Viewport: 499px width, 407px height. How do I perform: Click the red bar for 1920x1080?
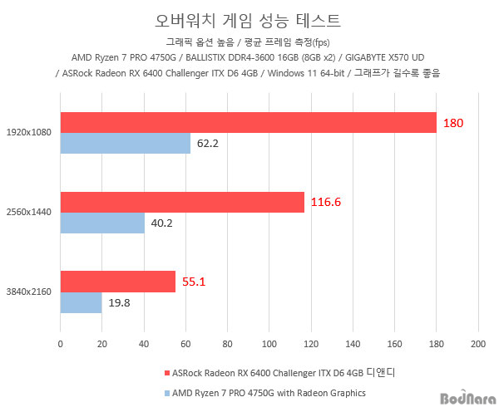pos(248,122)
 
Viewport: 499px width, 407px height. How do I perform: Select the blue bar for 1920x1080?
pos(125,144)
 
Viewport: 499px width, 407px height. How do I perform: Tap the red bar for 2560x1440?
pos(182,202)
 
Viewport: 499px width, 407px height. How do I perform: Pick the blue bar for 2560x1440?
pos(101,223)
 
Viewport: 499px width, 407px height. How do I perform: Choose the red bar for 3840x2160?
pos(117,282)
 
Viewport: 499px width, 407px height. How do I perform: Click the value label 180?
pos(452,123)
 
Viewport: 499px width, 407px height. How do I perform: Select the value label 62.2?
pos(207,144)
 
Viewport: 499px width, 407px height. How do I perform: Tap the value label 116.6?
pos(326,202)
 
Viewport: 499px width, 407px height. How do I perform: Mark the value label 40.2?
pos(161,223)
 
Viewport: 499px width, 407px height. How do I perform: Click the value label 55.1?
pos(193,282)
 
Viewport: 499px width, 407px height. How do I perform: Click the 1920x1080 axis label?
pos(28,132)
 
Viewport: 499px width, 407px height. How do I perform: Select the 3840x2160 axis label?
pos(28,292)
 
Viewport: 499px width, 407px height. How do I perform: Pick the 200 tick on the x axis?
pos(477,342)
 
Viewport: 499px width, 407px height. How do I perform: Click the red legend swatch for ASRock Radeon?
pos(167,372)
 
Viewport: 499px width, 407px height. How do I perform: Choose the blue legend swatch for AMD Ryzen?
pos(167,392)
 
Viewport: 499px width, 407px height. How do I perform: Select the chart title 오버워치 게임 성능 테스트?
pos(248,18)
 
